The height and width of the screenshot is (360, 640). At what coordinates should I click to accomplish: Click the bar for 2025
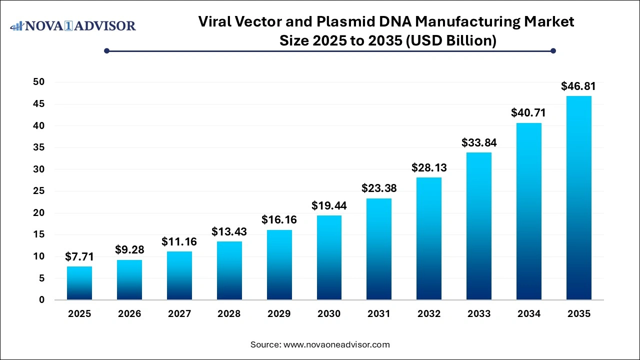point(79,283)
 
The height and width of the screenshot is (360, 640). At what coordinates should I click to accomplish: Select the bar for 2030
point(329,257)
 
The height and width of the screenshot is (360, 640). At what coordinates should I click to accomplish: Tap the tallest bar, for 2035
point(578,198)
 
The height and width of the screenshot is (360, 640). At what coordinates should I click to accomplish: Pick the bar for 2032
point(429,238)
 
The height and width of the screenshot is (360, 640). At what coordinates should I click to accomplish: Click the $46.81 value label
point(578,86)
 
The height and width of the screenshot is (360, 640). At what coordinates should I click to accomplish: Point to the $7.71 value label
point(79,256)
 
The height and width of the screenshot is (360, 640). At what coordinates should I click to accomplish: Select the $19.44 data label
point(329,205)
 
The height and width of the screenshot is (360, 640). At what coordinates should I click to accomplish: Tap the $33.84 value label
point(479,142)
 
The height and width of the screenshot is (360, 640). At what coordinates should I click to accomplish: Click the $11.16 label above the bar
point(179,241)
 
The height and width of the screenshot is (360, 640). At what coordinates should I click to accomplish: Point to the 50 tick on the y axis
point(38,82)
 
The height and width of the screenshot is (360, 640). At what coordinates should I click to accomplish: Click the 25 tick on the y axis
point(38,191)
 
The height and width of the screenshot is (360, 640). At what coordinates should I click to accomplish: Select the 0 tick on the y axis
point(41,300)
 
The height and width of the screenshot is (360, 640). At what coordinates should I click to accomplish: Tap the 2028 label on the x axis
point(229,314)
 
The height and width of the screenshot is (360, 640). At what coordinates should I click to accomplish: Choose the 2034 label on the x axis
point(528,314)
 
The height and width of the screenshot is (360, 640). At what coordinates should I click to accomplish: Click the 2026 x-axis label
point(129,314)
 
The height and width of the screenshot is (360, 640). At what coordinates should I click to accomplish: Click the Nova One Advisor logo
point(73,25)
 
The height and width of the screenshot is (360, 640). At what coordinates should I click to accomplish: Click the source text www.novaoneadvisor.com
point(336,344)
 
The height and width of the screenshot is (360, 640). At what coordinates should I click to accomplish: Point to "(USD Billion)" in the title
point(450,40)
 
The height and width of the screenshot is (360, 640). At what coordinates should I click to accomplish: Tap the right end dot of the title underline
point(553,50)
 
